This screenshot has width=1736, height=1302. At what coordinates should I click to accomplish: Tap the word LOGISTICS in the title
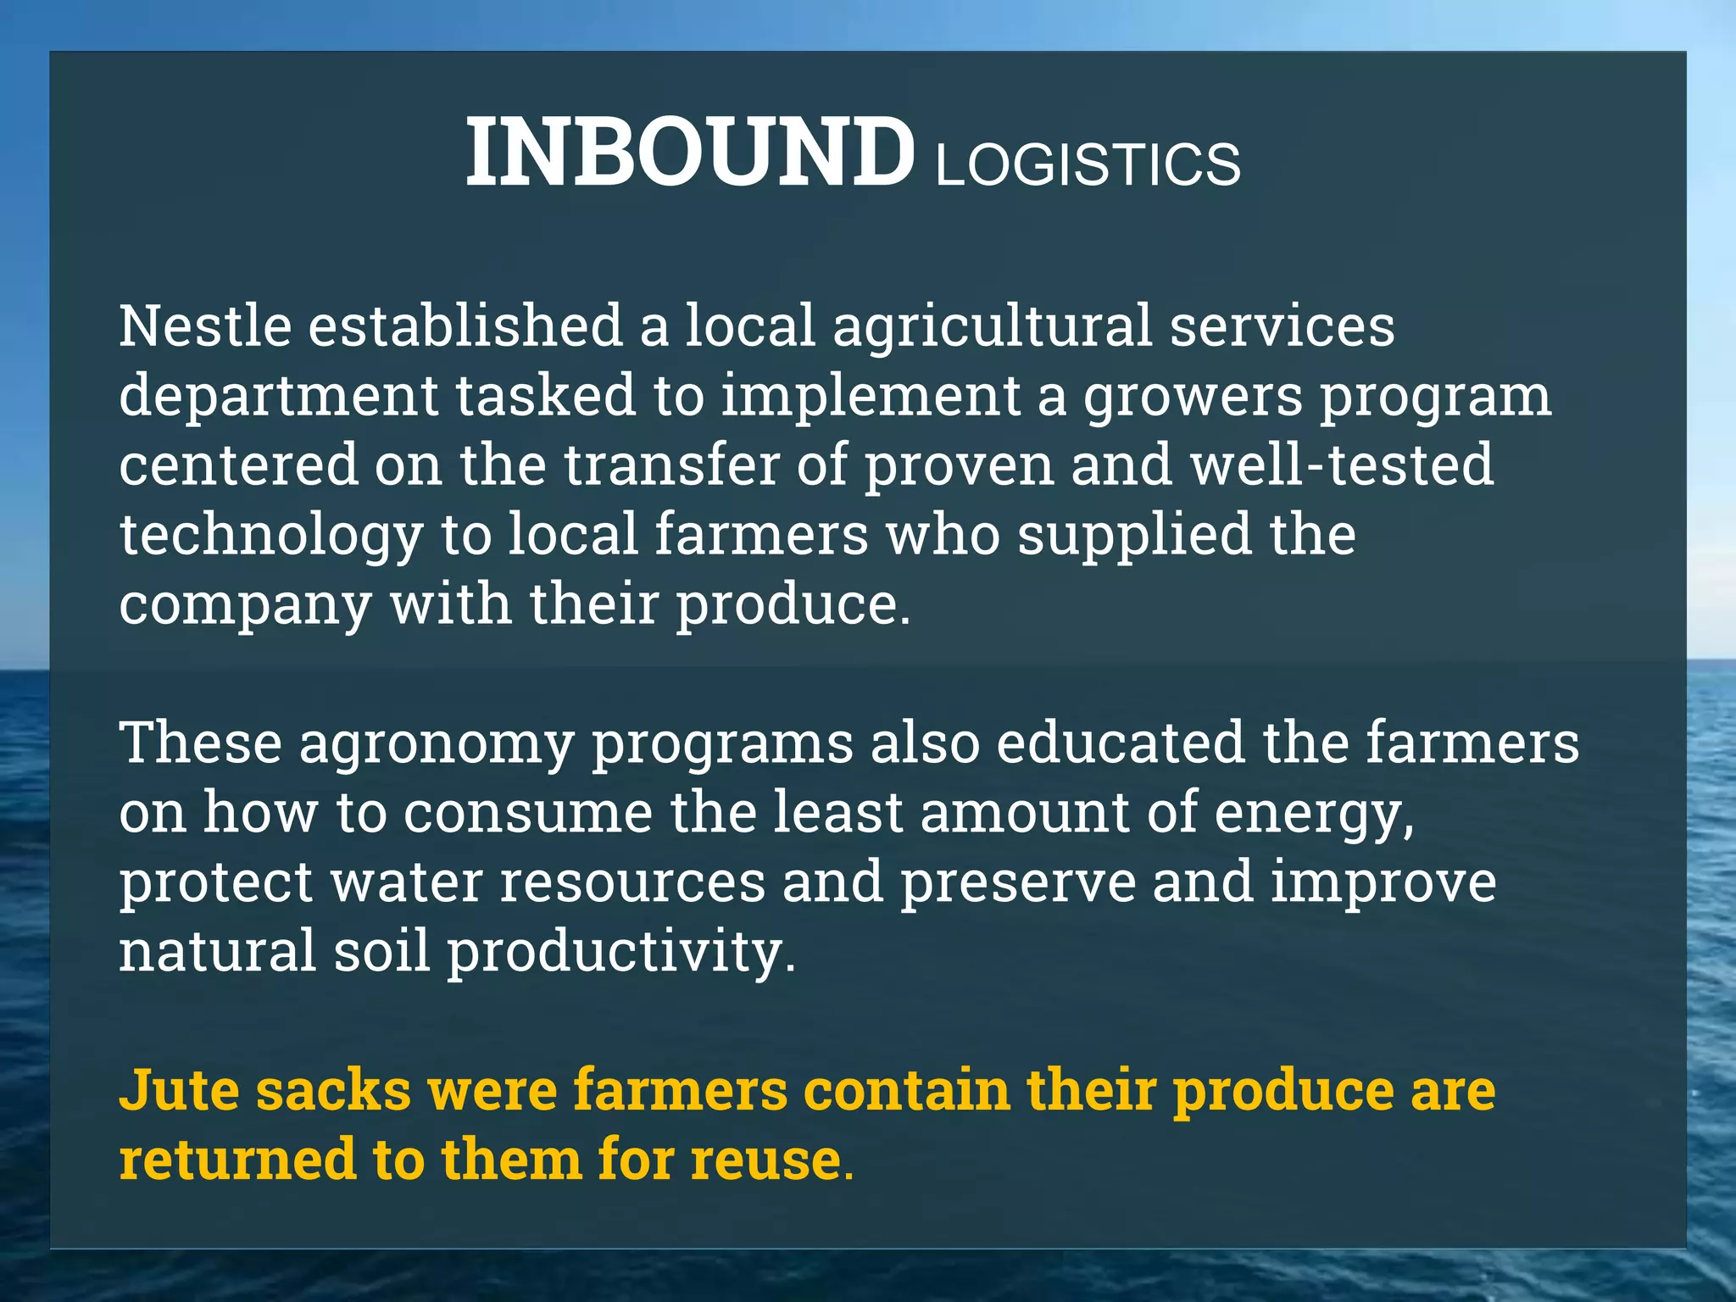1088,164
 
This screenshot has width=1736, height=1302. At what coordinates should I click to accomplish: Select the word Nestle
205,326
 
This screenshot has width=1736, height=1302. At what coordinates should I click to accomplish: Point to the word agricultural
992,326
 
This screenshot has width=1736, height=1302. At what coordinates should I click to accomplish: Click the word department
279,396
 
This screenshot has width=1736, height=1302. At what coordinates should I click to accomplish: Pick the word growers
1192,396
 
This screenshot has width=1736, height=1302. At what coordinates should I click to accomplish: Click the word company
245,605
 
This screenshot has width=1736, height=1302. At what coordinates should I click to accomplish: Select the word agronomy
436,744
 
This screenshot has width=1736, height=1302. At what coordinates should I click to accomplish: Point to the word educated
1120,743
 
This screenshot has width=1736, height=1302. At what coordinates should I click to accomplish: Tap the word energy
1314,814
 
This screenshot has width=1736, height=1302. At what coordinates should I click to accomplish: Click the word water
406,882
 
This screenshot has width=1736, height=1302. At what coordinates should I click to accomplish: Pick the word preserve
1017,882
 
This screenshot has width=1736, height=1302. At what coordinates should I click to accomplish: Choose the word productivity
621,953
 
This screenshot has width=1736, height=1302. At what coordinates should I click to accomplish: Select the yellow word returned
237,1160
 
